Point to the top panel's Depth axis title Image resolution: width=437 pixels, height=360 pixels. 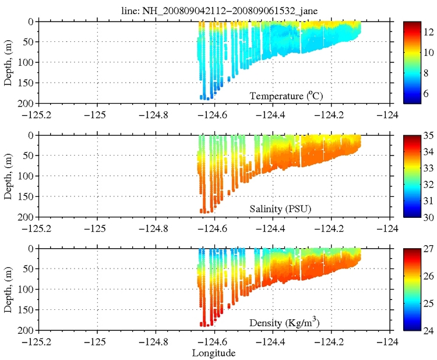(9, 62)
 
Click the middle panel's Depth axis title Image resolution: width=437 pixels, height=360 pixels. (9, 176)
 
